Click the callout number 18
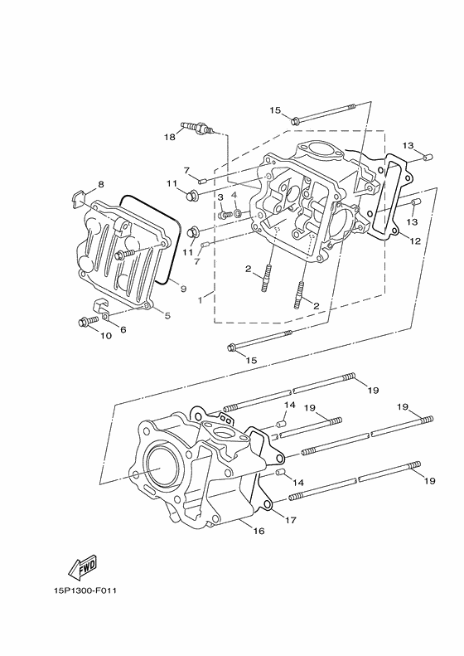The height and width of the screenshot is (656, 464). [x=170, y=136]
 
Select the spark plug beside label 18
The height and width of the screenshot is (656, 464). [x=201, y=129]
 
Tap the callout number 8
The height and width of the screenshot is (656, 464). [x=101, y=184]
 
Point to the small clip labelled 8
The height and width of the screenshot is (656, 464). [x=77, y=197]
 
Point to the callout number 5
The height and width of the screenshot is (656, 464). [x=167, y=315]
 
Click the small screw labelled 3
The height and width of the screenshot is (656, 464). [x=225, y=215]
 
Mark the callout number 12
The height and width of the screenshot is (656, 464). [x=415, y=241]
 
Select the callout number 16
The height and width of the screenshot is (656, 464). [x=259, y=531]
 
